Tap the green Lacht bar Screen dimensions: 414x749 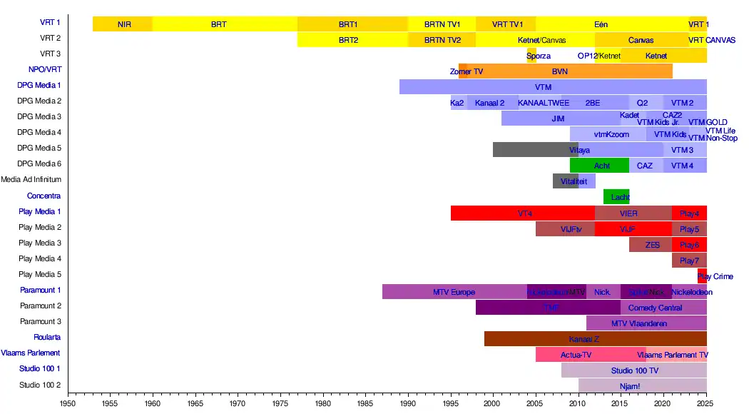616,197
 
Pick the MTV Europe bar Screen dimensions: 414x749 454,291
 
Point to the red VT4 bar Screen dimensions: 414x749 523,213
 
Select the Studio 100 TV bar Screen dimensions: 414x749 634,370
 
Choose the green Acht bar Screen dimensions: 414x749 601,166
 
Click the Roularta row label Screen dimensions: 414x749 47,338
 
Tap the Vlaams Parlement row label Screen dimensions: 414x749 31,353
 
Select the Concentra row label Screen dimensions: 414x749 44,196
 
